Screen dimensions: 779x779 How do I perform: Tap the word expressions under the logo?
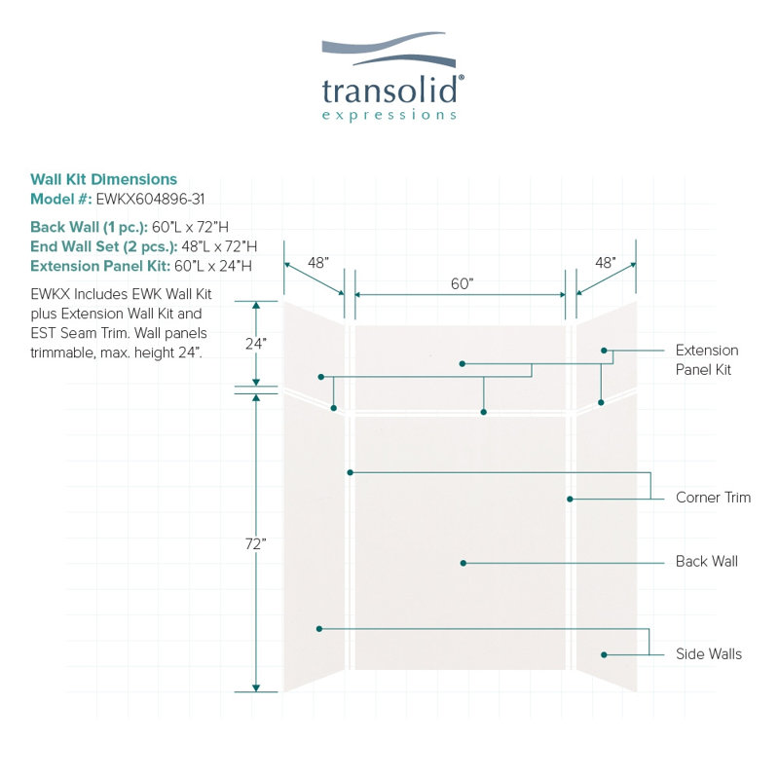(x=389, y=116)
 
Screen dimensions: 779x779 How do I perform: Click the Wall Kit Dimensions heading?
(x=103, y=179)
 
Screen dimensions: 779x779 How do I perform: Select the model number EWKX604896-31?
(x=150, y=200)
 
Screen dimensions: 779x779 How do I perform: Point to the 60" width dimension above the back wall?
(x=462, y=283)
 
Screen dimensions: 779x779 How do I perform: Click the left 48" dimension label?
(x=318, y=262)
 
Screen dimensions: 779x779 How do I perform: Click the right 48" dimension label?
(x=606, y=262)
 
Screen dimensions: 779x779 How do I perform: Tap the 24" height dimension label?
(x=256, y=344)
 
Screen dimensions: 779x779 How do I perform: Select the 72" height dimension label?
(x=256, y=544)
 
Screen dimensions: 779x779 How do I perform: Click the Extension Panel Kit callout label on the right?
(x=707, y=359)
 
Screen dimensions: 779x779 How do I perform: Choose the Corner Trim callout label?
(x=713, y=498)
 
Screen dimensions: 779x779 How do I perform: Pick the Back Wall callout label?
(x=707, y=562)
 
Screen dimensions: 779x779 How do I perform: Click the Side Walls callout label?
(x=709, y=653)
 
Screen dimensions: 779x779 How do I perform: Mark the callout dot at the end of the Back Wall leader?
(x=464, y=563)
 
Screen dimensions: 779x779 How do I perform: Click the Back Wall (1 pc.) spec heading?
(x=89, y=227)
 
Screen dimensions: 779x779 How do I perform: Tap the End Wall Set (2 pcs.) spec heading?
(x=104, y=246)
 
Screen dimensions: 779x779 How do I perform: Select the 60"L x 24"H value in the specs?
(x=213, y=266)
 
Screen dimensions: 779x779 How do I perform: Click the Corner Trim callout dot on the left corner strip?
(x=351, y=472)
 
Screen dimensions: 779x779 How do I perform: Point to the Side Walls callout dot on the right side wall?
(x=604, y=654)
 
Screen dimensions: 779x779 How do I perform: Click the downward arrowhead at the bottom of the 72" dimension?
(x=256, y=687)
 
